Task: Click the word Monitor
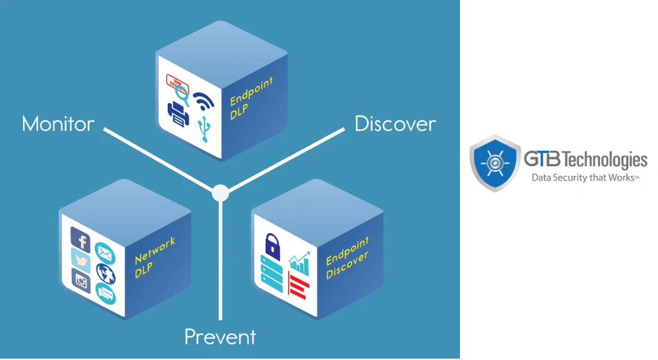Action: [x=58, y=124]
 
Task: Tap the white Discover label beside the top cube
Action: [x=395, y=124]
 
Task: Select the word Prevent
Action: [x=220, y=337]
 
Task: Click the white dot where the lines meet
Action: [x=220, y=192]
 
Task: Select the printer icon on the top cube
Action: [x=179, y=116]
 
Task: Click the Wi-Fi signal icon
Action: [x=204, y=100]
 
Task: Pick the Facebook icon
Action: [x=82, y=241]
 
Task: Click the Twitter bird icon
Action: [x=81, y=262]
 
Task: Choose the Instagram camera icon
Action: [x=82, y=282]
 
